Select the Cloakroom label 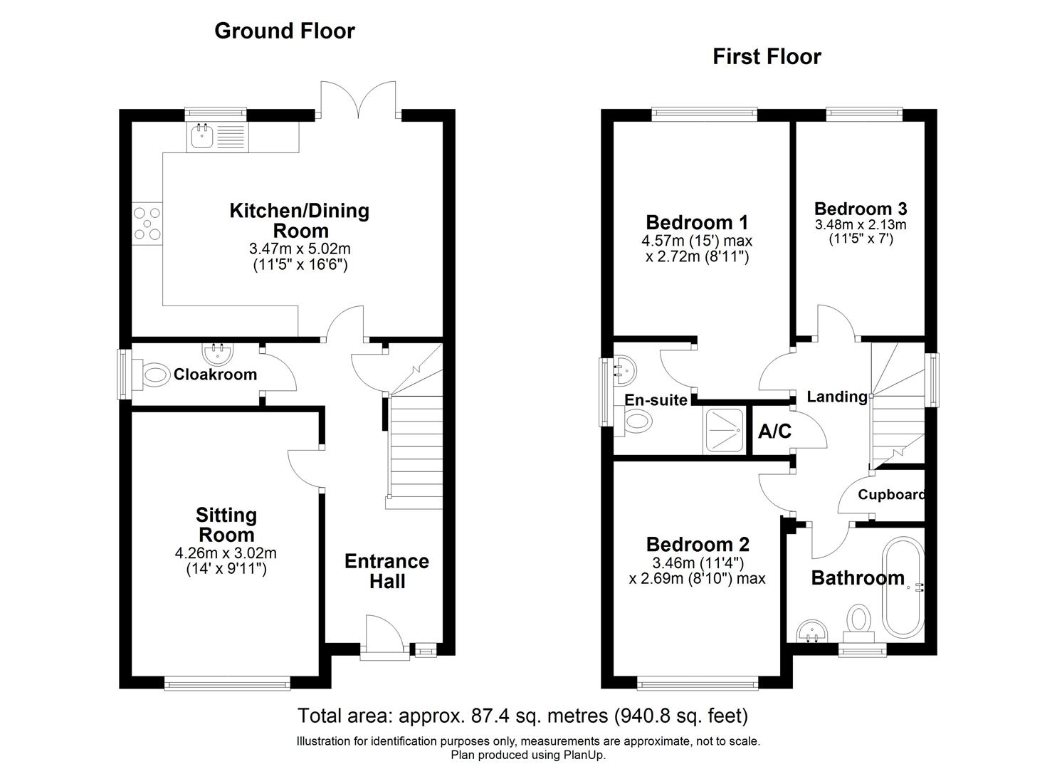[215, 375]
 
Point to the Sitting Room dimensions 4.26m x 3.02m [225, 553]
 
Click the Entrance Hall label [386, 571]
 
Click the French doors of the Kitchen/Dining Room [358, 100]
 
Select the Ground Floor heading [284, 31]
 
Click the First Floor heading [767, 56]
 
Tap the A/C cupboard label [774, 431]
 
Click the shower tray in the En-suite [724, 431]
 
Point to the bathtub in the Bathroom [903, 591]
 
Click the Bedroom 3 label [860, 209]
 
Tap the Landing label [836, 397]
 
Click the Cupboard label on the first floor [890, 495]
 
